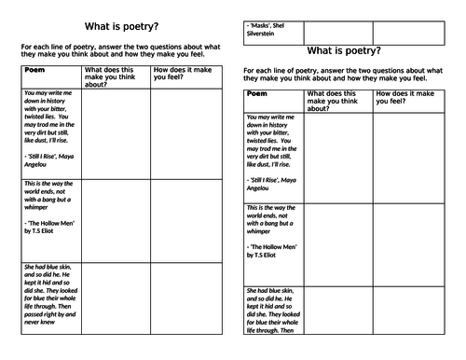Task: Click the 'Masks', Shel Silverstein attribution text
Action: click(x=273, y=31)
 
